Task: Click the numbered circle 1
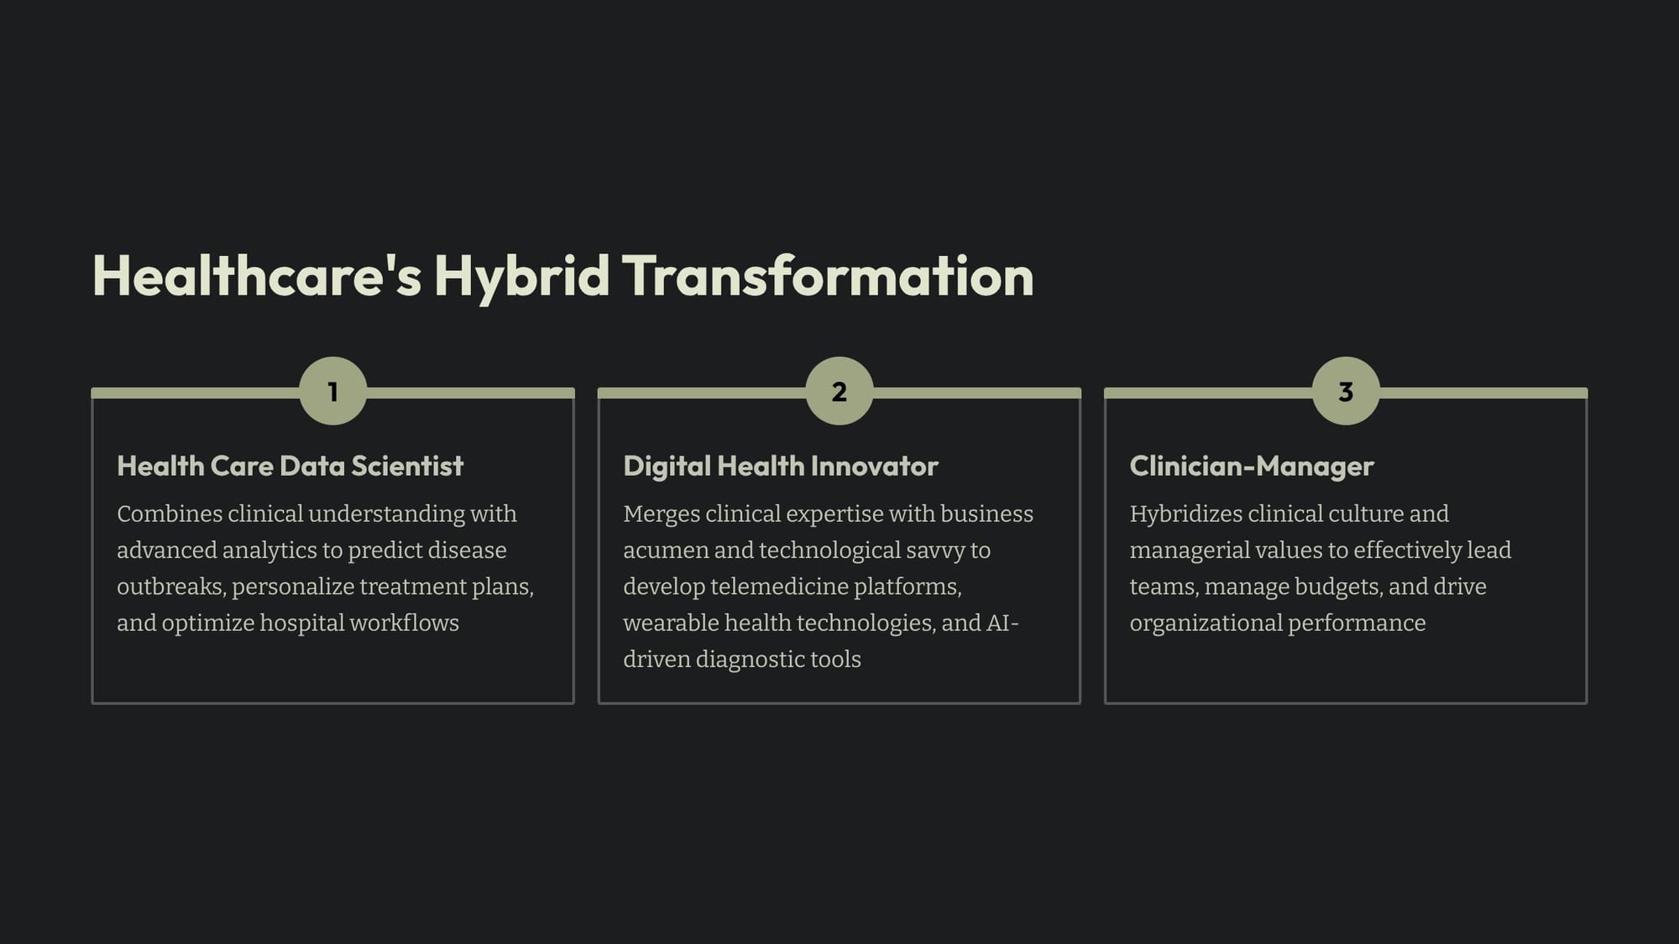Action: coord(333,391)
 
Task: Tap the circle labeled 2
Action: coord(839,391)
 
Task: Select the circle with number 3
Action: coord(1346,391)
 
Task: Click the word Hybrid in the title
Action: coord(521,277)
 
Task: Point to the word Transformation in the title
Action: coord(828,276)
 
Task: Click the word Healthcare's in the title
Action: coord(257,276)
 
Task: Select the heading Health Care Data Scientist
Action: coord(290,466)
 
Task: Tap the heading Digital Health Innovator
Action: coord(781,466)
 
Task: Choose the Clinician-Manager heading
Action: coord(1252,466)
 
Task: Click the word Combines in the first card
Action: coord(170,514)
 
